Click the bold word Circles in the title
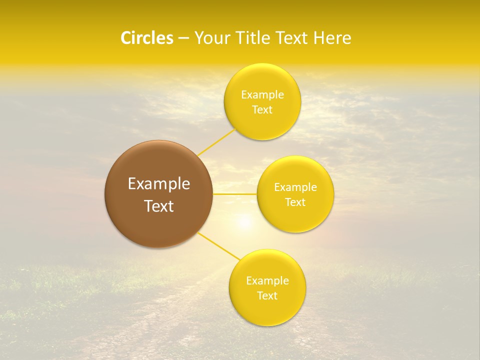coord(146,38)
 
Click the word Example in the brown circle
coord(158,184)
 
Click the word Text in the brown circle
coord(158,206)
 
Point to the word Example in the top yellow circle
coord(262,95)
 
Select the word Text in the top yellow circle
coord(262,110)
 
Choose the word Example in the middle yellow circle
coord(295,187)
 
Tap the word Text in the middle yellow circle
coord(295,202)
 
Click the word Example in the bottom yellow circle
coord(267,281)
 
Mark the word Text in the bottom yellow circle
coord(267,296)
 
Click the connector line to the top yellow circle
coord(217,142)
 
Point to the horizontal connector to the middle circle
coord(234,194)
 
